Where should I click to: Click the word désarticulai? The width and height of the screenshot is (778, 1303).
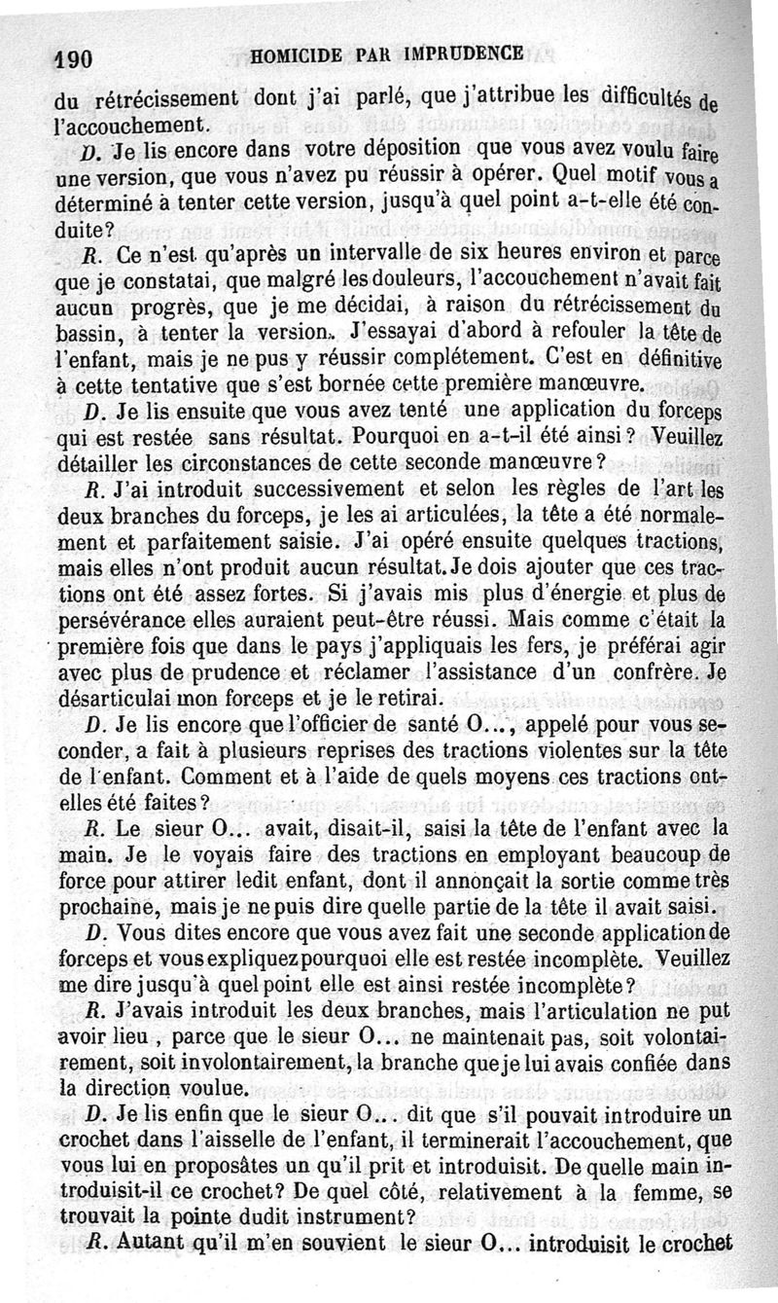point(109,698)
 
